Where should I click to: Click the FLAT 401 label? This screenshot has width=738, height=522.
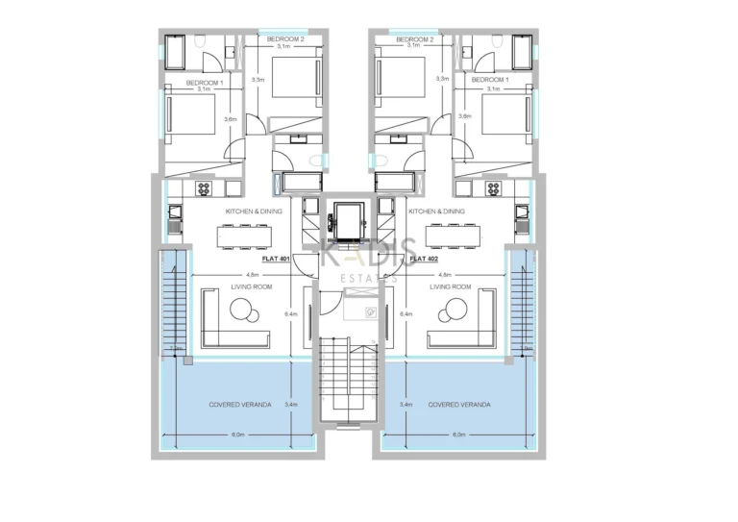point(277,259)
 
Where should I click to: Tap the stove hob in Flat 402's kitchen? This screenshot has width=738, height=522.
point(495,187)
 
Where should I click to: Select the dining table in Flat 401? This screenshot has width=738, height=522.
point(246,236)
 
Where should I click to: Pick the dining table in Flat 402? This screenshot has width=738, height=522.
point(453,236)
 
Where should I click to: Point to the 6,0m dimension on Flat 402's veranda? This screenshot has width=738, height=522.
point(460,435)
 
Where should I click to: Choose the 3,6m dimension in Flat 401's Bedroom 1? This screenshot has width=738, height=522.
point(231,118)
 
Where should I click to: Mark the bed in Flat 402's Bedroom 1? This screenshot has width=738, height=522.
point(501,116)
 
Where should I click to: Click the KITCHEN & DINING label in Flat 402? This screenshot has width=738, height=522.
point(436,211)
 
